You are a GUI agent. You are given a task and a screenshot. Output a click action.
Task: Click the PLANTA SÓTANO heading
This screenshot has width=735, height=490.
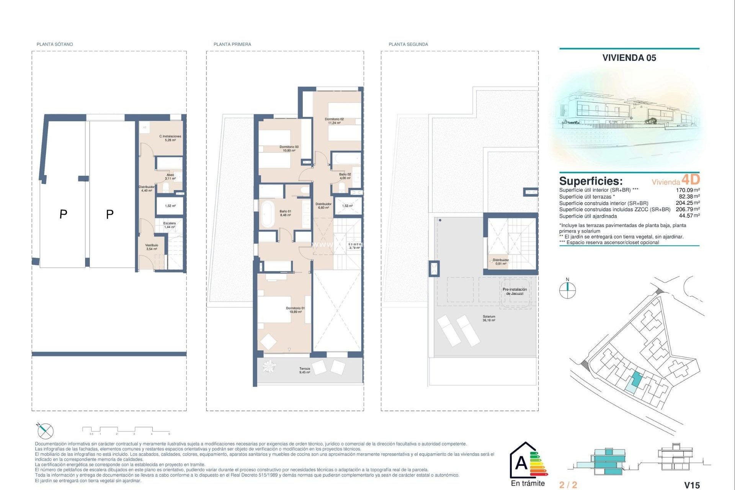pos(55,44)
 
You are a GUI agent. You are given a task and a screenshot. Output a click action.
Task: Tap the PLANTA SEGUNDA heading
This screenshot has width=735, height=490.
pos(408,44)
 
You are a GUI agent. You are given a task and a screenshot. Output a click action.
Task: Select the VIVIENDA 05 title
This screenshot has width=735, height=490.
pos(629,58)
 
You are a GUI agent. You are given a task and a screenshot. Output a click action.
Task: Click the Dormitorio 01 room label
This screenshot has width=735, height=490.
pos(295,310)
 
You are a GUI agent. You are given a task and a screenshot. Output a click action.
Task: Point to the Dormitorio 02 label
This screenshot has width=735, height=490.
pos(334,121)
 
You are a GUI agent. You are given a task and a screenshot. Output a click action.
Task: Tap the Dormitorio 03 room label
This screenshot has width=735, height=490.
pos(289,149)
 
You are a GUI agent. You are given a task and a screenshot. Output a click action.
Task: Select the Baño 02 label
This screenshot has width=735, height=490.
pos(345,176)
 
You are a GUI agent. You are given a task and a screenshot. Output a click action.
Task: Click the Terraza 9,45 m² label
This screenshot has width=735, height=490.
pos(305,370)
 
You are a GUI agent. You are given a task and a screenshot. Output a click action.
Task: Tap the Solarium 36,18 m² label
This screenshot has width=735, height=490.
pos(488,318)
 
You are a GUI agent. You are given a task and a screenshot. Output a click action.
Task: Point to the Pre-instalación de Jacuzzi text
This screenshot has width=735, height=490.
pos(514,291)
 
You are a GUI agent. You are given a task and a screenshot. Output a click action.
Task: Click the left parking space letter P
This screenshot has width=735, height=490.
pos(64,214)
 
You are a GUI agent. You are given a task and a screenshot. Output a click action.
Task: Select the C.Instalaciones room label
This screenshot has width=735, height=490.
pos(170,138)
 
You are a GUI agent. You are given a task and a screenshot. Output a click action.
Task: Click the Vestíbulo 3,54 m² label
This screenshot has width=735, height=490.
pos(152,247)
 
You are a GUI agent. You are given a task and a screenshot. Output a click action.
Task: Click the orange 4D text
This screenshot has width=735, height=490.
pos(691,180)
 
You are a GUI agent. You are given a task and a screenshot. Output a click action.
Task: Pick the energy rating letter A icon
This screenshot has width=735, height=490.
pos(522,463)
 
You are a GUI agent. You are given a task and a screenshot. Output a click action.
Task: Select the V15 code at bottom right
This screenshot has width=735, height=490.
pos(692,485)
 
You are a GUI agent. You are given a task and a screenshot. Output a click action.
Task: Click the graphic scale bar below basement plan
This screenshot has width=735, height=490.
pos(126,430)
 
